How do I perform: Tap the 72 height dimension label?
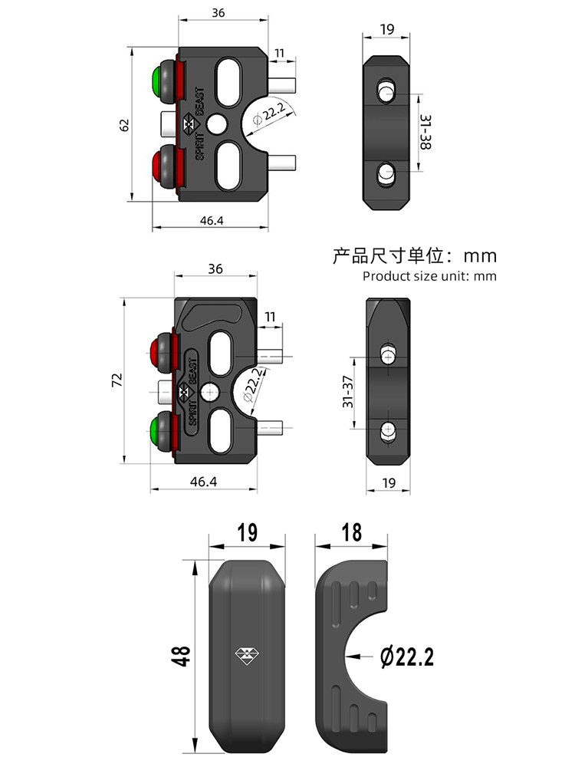pyautogui.click(x=117, y=380)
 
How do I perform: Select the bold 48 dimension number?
pyautogui.click(x=182, y=656)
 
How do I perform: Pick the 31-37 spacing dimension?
pyautogui.click(x=347, y=391)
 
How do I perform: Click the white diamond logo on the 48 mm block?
pyautogui.click(x=246, y=654)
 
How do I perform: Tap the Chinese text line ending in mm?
pyautogui.click(x=414, y=255)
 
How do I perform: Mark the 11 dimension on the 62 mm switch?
pyautogui.click(x=279, y=54)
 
